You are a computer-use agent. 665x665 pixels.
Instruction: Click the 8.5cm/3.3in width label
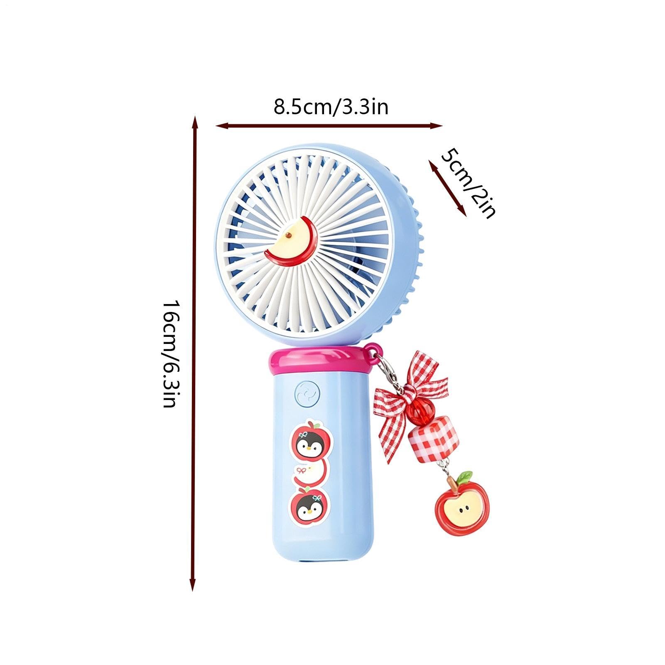click(331, 107)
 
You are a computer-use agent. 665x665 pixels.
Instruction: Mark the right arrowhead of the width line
click(436, 125)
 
